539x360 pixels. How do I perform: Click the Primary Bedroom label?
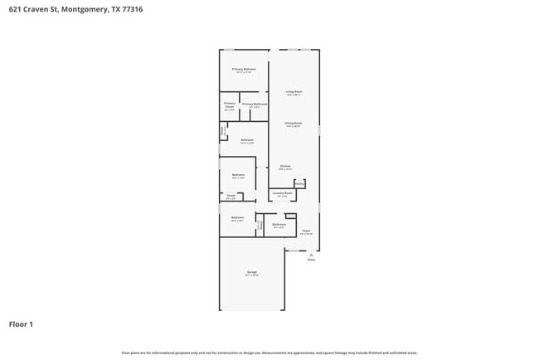(244, 69)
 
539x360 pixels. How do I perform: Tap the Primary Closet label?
(230, 105)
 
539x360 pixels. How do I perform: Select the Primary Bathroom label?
(255, 105)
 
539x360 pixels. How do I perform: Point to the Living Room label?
(294, 92)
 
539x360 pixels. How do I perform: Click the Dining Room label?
(294, 124)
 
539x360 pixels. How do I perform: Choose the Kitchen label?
(285, 167)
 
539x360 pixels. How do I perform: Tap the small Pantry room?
(299, 183)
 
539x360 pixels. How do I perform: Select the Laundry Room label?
(282, 193)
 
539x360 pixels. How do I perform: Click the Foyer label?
(305, 231)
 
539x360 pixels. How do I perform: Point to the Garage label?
(251, 272)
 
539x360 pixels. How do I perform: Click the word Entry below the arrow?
(311, 260)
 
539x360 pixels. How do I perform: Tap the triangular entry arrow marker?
(311, 254)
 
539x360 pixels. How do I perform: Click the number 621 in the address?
(14, 11)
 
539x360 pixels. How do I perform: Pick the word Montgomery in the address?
(85, 11)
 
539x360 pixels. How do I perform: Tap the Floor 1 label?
(21, 324)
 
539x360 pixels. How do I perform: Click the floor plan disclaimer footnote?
(269, 353)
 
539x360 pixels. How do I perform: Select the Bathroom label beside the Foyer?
(279, 224)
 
